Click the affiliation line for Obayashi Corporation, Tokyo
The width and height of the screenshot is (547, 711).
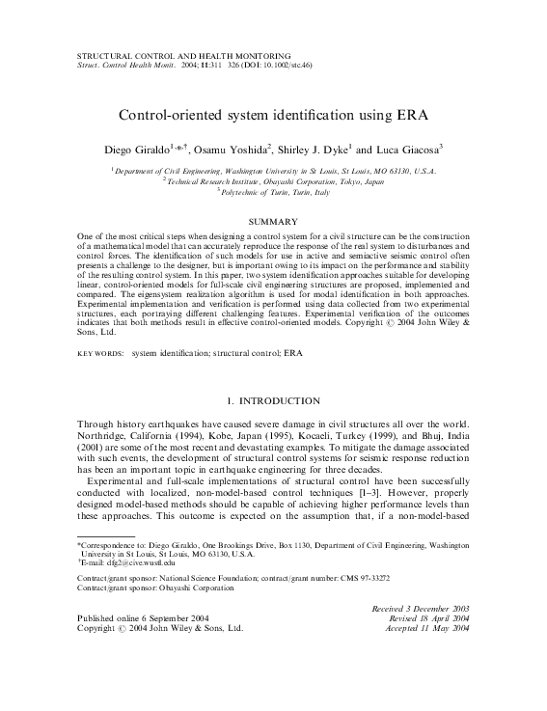tap(273, 179)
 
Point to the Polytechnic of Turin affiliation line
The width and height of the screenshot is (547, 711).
tap(273, 190)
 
